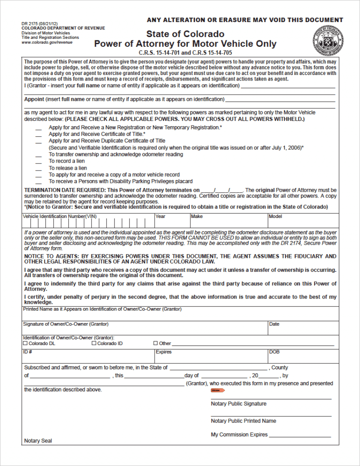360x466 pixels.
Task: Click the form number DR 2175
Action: point(30,23)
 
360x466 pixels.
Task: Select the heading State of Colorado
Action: point(185,34)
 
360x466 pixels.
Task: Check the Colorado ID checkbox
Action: point(94,344)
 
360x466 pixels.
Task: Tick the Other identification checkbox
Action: point(156,344)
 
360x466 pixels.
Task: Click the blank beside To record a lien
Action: point(38,162)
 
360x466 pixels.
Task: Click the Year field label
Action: point(160,217)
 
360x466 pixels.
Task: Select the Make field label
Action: point(197,217)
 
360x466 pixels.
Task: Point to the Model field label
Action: point(275,217)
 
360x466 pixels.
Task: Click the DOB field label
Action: point(274,352)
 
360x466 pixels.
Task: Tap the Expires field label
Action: point(164,352)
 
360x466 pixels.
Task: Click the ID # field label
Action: point(27,352)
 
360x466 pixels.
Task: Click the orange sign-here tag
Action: point(217,390)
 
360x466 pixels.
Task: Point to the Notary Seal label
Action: point(38,441)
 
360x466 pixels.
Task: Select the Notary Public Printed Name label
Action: point(243,421)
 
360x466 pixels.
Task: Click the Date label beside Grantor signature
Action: point(274,324)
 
